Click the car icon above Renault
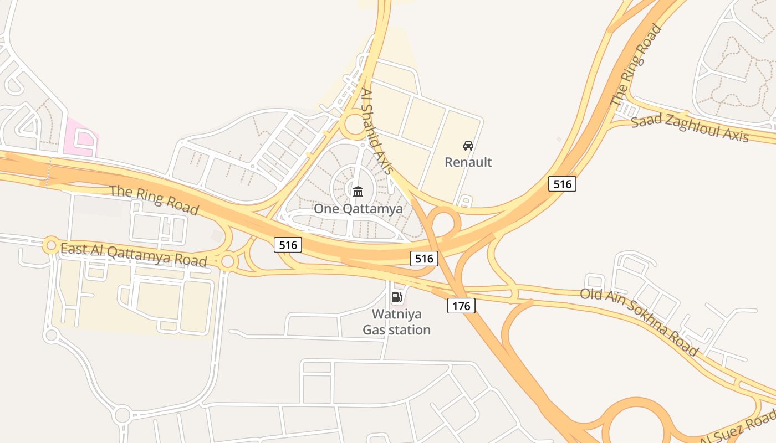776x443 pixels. [x=468, y=146]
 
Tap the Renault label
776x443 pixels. [x=468, y=162]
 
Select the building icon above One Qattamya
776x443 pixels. [x=358, y=192]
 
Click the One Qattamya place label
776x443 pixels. [x=358, y=209]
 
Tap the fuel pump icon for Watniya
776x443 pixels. [x=396, y=297]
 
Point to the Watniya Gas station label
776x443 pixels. [x=396, y=322]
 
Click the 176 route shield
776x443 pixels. [x=461, y=306]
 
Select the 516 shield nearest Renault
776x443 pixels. [x=562, y=184]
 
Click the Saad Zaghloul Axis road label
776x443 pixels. [x=690, y=128]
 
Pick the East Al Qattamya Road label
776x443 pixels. [x=133, y=255]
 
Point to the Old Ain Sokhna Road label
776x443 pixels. [x=639, y=321]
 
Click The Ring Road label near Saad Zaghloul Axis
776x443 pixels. [x=636, y=65]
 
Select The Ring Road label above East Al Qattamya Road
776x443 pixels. [x=154, y=200]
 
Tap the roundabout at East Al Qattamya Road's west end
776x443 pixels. [x=51, y=244]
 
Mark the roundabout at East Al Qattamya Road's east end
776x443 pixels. [x=228, y=261]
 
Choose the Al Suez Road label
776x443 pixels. [x=738, y=427]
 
